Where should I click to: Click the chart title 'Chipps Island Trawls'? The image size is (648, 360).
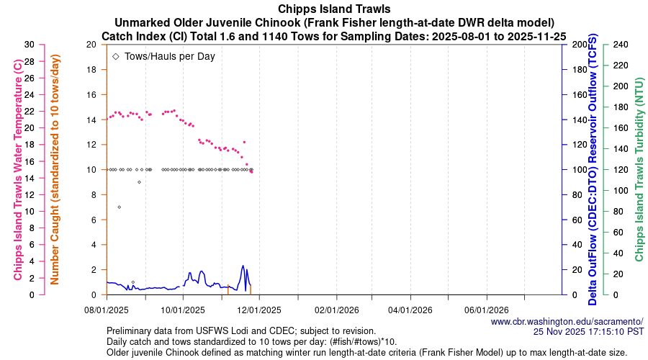[x=323, y=9]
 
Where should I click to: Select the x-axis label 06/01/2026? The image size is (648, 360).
[x=487, y=310]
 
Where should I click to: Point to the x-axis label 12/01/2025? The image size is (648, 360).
[x=258, y=310]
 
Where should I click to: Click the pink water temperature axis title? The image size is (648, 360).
[x=17, y=170]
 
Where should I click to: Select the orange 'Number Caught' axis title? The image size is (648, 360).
[x=55, y=170]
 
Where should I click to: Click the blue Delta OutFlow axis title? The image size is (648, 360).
[x=593, y=170]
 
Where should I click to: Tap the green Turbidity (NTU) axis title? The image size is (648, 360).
[x=638, y=170]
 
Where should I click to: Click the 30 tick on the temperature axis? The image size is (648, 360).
[x=29, y=45]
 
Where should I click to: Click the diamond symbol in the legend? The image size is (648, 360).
[x=116, y=55]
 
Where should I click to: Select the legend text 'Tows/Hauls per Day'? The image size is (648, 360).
[x=170, y=55]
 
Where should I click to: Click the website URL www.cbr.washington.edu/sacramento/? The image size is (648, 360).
[x=567, y=321]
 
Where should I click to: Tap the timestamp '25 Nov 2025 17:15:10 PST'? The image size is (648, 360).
[x=588, y=331]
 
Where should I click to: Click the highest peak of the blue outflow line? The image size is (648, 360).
[x=243, y=266]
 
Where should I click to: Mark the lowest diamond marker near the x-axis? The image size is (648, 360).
[x=133, y=282]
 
